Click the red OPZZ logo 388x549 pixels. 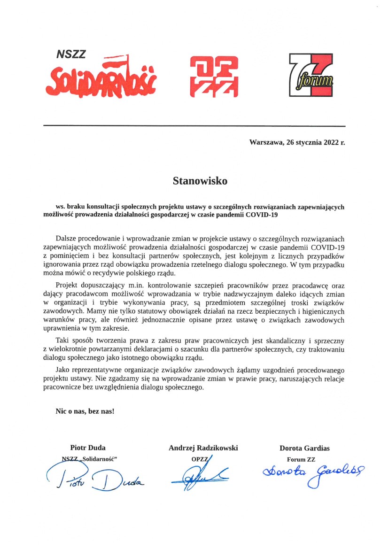click(x=213, y=77)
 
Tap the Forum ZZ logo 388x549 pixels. click(x=311, y=75)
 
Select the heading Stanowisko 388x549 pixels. click(x=194, y=180)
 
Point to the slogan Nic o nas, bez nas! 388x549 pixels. click(x=85, y=411)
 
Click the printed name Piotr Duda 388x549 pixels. click(x=88, y=448)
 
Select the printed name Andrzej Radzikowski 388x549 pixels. click(x=203, y=448)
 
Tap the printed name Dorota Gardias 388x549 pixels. click(x=304, y=448)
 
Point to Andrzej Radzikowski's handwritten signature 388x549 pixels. click(x=199, y=475)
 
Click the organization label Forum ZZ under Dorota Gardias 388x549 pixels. click(x=301, y=459)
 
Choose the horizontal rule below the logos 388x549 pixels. click(x=194, y=126)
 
